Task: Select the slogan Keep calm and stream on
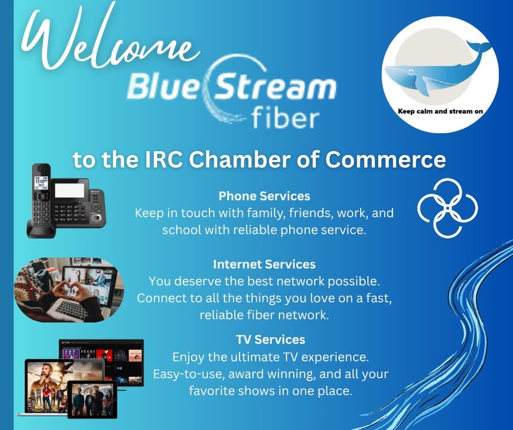point(440,111)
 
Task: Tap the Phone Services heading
point(265,196)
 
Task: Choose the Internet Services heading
point(265,264)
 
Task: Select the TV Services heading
point(271,339)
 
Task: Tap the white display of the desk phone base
point(69,190)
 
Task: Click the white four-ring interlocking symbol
point(447,207)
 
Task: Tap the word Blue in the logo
point(162,86)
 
